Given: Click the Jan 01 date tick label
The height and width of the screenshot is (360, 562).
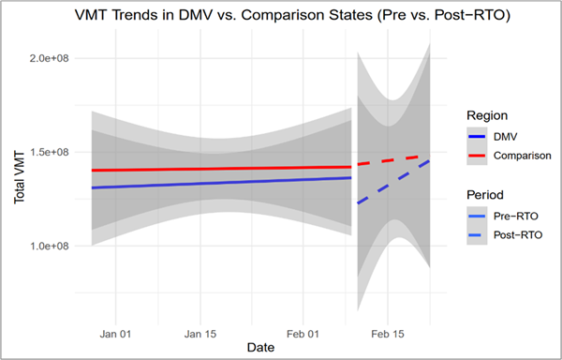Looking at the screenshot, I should [x=114, y=332].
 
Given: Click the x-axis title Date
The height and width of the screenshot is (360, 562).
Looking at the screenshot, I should [x=260, y=348].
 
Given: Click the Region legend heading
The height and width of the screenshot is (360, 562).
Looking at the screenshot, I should [x=488, y=114].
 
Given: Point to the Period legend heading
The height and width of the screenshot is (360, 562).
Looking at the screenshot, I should [x=487, y=195].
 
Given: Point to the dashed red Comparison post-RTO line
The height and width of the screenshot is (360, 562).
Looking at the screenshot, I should [x=393, y=160].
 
